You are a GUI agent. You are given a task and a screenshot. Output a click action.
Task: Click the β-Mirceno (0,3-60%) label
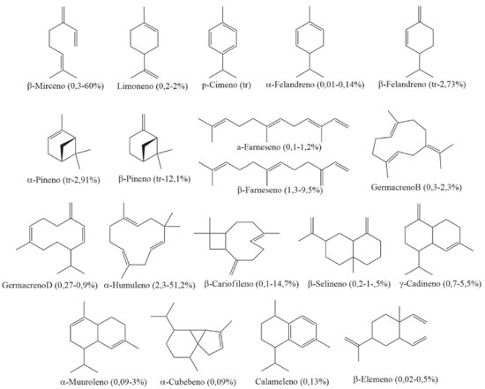[x=65, y=86]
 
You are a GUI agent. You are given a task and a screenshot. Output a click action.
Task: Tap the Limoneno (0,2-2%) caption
[x=153, y=86]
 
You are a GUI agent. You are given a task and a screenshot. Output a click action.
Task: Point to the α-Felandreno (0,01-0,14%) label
[x=315, y=84]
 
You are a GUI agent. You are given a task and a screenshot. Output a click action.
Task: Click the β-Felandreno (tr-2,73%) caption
[x=422, y=84]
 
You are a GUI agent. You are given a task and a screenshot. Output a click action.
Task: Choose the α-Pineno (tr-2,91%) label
[x=63, y=179]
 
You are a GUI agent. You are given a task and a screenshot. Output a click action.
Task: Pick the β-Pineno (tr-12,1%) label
[x=154, y=178]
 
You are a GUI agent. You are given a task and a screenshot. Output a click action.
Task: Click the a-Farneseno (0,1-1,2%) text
[x=280, y=147]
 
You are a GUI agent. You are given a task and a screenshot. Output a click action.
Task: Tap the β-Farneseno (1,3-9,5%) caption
[x=280, y=190]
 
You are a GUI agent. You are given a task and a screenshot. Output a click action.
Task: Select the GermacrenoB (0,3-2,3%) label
[x=416, y=187]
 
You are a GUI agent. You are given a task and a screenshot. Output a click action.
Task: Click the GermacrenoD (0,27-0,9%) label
[x=49, y=285]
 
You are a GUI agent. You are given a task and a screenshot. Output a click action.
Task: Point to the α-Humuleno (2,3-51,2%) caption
[x=150, y=285]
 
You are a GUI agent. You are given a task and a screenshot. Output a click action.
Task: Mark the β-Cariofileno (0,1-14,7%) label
[x=251, y=284]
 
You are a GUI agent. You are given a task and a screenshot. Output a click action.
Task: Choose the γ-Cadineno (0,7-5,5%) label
[x=440, y=283]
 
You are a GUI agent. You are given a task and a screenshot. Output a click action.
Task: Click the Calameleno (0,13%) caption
[x=292, y=382]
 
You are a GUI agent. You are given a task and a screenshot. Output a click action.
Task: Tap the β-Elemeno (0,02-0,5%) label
[x=396, y=379]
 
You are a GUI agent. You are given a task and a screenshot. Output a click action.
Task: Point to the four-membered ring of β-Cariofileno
[x=218, y=241]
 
